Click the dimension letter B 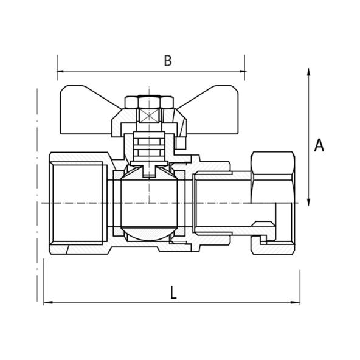pos(168,60)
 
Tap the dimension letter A pos(319,145)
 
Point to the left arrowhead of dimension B pos(61,72)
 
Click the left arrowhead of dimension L pos(47,302)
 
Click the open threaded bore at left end pos(70,204)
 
